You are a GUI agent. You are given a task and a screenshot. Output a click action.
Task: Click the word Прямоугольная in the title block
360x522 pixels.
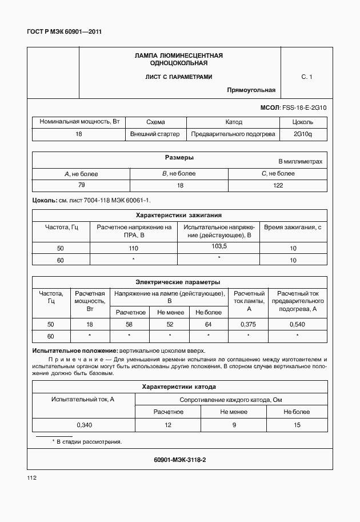point(251,90)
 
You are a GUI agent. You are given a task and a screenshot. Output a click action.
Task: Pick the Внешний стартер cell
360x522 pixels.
point(155,134)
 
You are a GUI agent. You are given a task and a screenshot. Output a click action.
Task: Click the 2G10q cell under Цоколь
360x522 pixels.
point(302,134)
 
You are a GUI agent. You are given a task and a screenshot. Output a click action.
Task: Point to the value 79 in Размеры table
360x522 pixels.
point(81,185)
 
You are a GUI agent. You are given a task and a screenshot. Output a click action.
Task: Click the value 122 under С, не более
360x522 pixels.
point(278,185)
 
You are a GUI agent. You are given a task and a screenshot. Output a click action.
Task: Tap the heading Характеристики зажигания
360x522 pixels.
point(178,216)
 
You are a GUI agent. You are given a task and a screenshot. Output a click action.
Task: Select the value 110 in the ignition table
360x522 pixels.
point(134,248)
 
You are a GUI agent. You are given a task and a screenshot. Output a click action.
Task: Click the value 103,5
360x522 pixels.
point(219,246)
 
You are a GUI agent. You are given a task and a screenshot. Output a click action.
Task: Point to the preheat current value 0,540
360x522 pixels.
point(298,324)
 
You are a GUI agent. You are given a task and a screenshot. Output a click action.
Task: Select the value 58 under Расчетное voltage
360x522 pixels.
point(129,324)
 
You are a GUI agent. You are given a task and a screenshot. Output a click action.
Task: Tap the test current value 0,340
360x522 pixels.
point(84,425)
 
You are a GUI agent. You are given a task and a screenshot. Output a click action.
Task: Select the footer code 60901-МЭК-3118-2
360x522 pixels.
point(179,460)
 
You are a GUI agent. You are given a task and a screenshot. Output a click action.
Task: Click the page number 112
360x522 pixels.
point(31,477)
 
